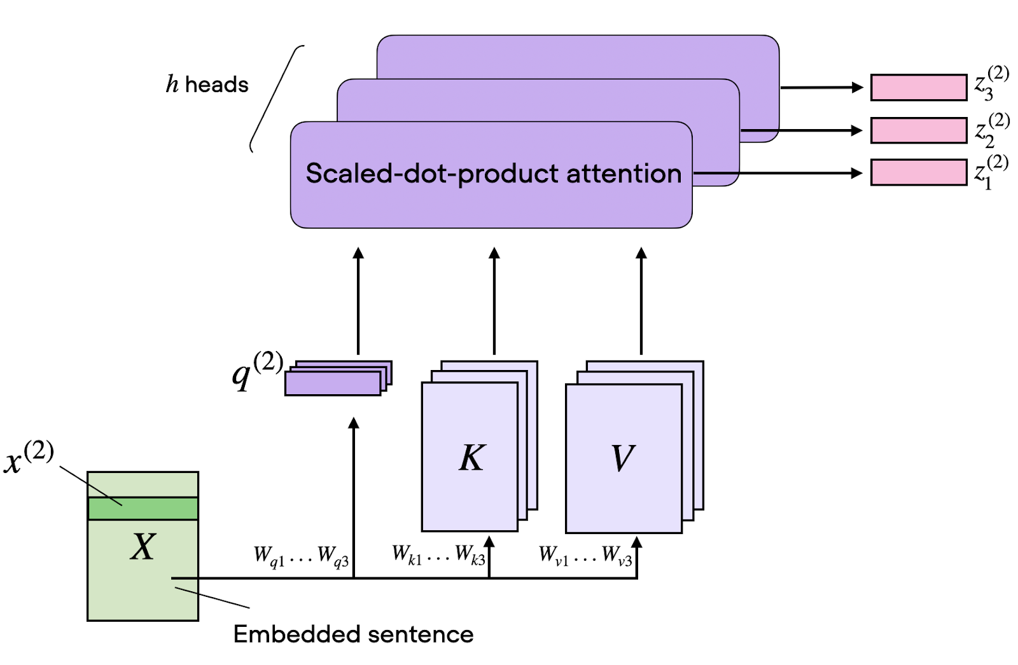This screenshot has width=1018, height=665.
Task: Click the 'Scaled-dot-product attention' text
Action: pos(493,174)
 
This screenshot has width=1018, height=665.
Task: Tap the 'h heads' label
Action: pos(207,85)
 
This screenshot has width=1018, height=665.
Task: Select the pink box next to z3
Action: pos(918,88)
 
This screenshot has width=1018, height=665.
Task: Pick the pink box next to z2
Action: pos(918,130)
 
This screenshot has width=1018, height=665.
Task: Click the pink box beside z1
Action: pos(918,173)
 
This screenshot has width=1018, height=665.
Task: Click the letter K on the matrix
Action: pos(471,458)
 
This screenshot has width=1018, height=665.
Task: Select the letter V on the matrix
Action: pos(622,458)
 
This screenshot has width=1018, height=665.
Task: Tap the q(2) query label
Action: pos(256,371)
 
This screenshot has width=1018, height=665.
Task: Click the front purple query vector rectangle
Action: pos(332,384)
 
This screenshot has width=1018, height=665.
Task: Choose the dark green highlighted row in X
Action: pos(143,509)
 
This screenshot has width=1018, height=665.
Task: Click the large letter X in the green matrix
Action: pos(143,546)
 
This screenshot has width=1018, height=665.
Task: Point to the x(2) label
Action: pos(29,458)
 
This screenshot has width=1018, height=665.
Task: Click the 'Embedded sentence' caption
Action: pos(353,634)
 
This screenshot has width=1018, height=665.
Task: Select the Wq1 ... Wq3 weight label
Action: pos(301,556)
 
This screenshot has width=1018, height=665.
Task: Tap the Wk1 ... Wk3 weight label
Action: pos(438,555)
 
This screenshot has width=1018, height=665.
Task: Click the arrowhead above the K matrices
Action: pos(494,253)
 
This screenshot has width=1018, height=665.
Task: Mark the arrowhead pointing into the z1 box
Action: pos(857,173)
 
